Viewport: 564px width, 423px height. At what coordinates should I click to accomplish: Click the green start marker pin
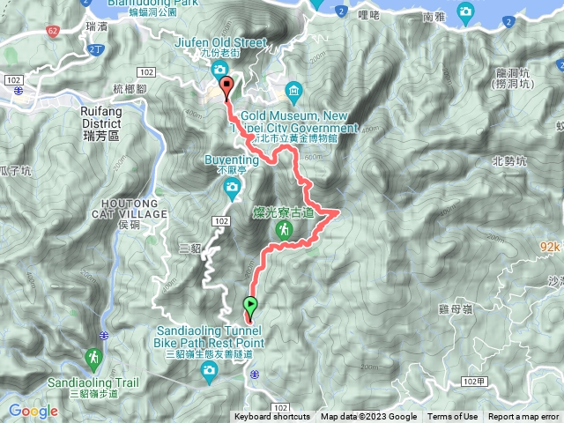(x=250, y=308)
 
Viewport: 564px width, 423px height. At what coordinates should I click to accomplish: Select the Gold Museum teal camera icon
(x=293, y=91)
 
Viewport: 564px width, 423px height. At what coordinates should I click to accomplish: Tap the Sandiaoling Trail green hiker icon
(x=93, y=358)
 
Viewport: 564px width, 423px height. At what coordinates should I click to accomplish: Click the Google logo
(x=33, y=411)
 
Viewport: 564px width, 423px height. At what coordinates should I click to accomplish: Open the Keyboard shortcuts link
(x=272, y=417)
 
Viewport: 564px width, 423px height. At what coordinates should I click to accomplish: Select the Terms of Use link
(x=453, y=417)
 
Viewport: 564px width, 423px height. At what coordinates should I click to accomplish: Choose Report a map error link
(x=524, y=417)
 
